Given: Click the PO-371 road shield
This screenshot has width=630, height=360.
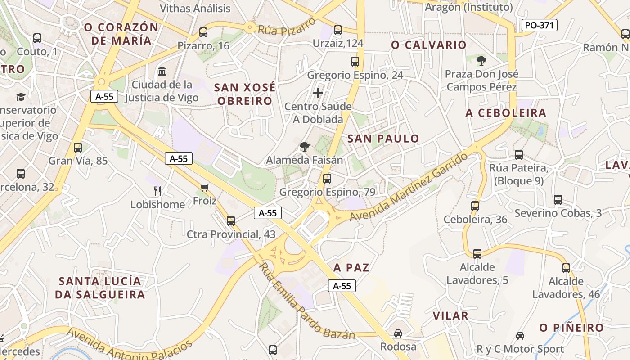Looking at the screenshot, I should click(540, 25).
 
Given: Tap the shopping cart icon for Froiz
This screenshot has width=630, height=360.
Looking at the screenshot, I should click(205, 188).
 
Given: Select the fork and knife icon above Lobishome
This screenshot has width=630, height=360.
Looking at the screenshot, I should click(157, 191).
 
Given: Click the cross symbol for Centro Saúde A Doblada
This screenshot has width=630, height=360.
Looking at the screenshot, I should click(318, 94).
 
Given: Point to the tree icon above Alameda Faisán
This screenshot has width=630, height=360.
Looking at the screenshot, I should click(305, 147).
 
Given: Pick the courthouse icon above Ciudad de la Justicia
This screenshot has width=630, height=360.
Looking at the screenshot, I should click(162, 71).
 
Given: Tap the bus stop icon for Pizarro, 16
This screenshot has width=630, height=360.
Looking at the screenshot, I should click(203, 32).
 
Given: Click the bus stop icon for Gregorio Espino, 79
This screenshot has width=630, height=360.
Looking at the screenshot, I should click(327, 179).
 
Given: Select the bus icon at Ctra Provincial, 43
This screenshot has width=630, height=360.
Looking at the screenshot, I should click(231, 221).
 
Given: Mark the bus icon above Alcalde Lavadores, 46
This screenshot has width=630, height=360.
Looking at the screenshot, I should click(566, 268).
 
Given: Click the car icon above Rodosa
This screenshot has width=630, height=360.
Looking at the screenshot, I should click(398, 333).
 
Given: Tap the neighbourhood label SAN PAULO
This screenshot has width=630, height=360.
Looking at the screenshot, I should click(383, 139).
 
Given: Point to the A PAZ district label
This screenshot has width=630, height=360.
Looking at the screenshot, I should click(351, 268).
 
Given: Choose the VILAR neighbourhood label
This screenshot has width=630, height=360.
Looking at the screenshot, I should click(450, 316).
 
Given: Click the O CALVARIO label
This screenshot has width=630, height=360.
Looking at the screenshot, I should click(429, 45).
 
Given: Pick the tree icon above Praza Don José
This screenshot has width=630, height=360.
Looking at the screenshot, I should click(481, 60).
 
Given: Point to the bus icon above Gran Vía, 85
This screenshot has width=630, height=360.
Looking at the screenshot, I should click(78, 148).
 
